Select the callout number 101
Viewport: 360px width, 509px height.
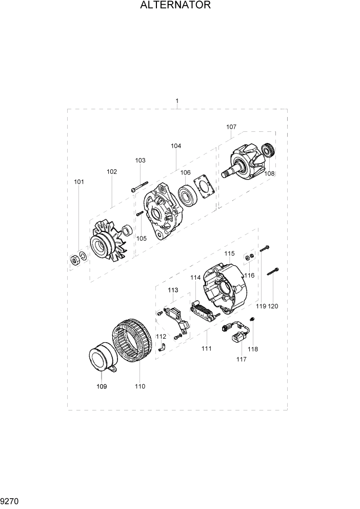79,182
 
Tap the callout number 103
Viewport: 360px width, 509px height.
141,161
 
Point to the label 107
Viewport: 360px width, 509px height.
231,127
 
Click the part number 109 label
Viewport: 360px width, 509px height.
102,386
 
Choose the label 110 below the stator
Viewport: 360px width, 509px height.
140,386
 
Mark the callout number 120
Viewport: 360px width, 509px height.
273,306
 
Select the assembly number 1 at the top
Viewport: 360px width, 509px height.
177,101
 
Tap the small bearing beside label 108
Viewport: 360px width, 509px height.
268,151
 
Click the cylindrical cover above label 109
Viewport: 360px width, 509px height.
102,360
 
